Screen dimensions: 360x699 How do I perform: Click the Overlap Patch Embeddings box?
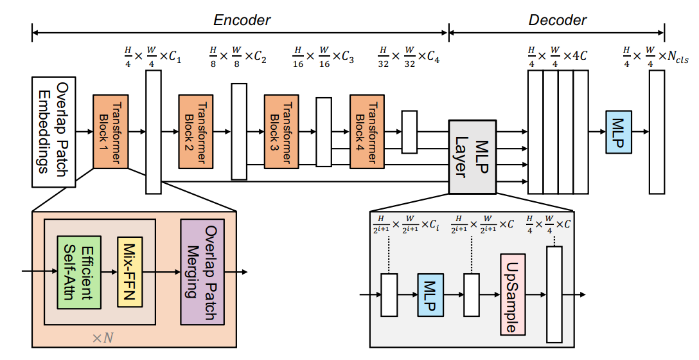(54, 132)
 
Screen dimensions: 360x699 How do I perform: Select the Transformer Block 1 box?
(111, 132)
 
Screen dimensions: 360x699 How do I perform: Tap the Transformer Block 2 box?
(197, 132)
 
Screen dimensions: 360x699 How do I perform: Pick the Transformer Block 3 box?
(282, 132)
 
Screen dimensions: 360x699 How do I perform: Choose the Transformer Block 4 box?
(367, 132)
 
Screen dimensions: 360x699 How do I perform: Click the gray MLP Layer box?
(473, 156)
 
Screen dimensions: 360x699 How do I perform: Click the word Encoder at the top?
(242, 20)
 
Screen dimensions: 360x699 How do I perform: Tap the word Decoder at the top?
(557, 20)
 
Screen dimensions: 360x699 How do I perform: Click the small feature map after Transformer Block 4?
(409, 132)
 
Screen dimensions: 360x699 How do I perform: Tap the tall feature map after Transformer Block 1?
(154, 132)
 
